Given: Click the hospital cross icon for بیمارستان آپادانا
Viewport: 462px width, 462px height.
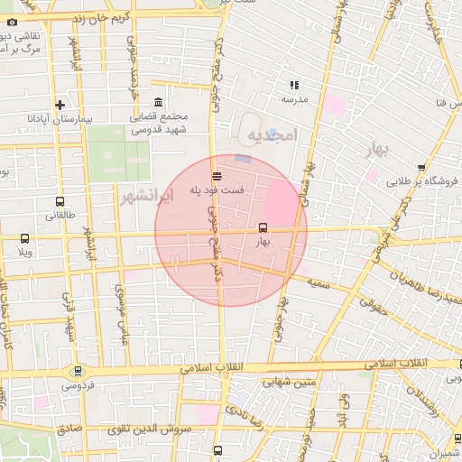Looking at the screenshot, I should (x=60, y=104).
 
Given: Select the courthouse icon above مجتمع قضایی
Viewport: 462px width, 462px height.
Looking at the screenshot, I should (x=159, y=101).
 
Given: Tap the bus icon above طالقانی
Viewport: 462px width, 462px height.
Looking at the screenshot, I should (x=60, y=202).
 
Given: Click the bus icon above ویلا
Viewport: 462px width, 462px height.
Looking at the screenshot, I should (x=23, y=239).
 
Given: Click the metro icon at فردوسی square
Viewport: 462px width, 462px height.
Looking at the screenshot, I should (x=78, y=370).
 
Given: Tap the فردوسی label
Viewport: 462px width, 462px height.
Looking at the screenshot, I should (x=79, y=385).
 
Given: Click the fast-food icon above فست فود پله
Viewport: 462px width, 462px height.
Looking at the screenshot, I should (x=217, y=177).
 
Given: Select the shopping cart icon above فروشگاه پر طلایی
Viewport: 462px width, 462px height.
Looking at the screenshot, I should (x=422, y=166).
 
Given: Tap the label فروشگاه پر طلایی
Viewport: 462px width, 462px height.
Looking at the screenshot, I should (x=423, y=180).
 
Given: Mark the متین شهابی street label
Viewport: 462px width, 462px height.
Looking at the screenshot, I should (x=290, y=382).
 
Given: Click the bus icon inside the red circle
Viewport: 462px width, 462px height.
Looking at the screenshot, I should (x=263, y=227).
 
